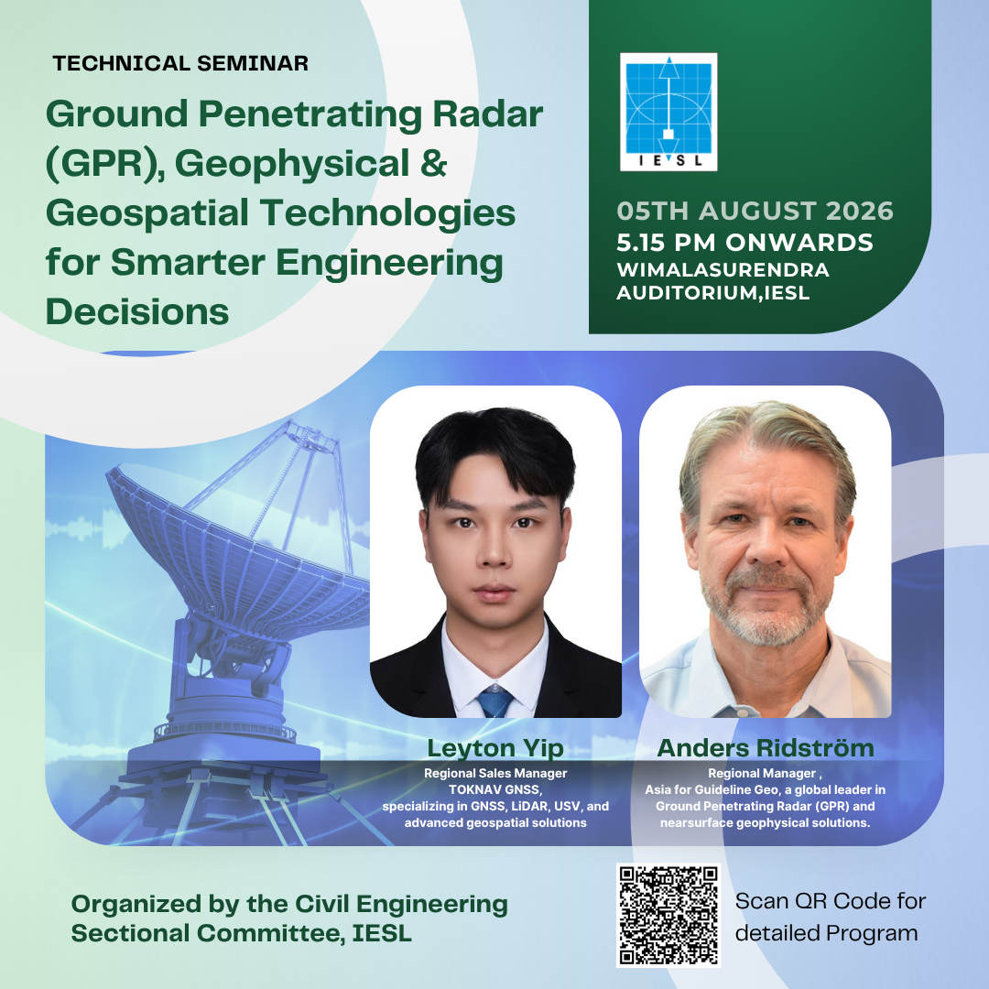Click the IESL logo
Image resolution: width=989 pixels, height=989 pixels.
click(x=668, y=112)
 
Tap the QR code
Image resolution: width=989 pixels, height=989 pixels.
click(x=668, y=915)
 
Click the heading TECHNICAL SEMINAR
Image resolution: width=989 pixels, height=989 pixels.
click(x=180, y=63)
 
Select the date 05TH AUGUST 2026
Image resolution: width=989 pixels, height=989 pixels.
click(x=755, y=211)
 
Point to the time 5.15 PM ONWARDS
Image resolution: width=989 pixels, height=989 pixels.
click(x=744, y=242)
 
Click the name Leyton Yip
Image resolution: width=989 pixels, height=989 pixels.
click(x=495, y=748)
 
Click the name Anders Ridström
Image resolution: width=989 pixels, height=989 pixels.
click(x=766, y=747)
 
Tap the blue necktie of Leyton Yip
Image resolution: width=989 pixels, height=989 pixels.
click(x=494, y=701)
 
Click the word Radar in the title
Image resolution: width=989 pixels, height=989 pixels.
click(x=487, y=114)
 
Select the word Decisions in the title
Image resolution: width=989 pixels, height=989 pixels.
click(x=137, y=311)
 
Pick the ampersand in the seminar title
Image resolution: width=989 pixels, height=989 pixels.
click(x=433, y=163)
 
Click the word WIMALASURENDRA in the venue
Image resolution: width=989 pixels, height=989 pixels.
click(x=723, y=270)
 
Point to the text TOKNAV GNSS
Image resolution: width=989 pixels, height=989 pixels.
click(x=495, y=789)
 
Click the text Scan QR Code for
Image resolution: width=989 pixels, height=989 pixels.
click(x=830, y=901)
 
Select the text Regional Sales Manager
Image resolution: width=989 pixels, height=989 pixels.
click(x=495, y=773)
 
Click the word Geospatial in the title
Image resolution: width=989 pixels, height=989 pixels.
click(x=147, y=213)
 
